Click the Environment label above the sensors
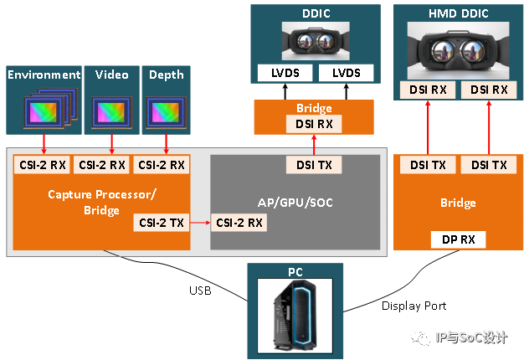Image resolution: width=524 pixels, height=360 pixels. (44, 75)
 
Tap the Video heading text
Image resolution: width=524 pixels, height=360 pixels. (111, 75)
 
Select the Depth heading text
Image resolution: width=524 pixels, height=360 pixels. (166, 75)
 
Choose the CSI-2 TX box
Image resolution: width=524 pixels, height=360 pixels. (159, 223)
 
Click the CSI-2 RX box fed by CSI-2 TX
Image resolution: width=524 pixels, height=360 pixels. (239, 223)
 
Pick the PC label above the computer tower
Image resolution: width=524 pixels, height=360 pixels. (295, 272)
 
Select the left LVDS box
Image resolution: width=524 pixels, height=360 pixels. (285, 73)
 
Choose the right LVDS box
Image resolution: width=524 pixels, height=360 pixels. (346, 73)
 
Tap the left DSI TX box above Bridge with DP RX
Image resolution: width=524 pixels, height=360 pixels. (427, 165)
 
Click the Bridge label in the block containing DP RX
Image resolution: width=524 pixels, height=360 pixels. (458, 203)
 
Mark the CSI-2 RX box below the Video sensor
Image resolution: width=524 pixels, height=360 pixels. (101, 165)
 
